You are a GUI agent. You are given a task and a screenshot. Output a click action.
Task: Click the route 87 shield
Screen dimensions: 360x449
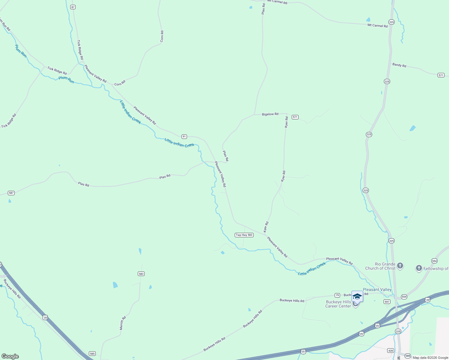(x=73, y=7)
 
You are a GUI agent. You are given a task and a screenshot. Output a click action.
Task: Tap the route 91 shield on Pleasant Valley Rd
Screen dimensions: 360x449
(x=184, y=136)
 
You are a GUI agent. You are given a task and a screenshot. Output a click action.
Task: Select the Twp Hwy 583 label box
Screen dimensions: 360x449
(x=244, y=235)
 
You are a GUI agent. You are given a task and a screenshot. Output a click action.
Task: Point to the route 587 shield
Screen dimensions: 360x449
(x=11, y=193)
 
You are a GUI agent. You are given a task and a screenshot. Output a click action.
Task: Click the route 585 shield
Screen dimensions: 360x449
(x=92, y=354)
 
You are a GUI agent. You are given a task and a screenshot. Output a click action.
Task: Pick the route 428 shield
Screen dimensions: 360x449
(x=390, y=350)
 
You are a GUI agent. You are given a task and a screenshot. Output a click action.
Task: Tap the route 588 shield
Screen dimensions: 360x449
(x=408, y=355)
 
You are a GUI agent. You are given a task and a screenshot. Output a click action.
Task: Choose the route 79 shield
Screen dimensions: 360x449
(x=337, y=295)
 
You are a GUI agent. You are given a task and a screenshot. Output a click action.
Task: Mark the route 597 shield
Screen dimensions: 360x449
(x=387, y=302)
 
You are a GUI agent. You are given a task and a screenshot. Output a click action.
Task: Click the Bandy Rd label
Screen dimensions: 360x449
(x=399, y=65)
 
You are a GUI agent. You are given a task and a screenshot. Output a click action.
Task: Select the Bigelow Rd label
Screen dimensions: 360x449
(x=270, y=114)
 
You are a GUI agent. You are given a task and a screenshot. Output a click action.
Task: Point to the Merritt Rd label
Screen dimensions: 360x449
(x=123, y=323)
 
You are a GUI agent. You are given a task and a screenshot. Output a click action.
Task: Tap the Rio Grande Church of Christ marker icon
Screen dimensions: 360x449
(x=400, y=265)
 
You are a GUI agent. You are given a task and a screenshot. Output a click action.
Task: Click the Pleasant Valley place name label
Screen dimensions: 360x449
(x=377, y=289)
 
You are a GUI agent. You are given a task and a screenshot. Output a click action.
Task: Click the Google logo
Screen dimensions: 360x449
(x=10, y=356)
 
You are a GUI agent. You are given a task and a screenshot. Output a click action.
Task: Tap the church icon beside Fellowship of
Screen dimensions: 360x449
(x=419, y=268)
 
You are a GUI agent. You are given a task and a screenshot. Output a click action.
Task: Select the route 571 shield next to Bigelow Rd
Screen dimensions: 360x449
(x=295, y=117)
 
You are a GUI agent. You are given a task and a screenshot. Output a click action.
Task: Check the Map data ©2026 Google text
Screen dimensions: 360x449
(x=430, y=358)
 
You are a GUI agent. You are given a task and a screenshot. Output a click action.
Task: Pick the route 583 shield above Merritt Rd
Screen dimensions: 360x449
(x=141, y=274)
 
